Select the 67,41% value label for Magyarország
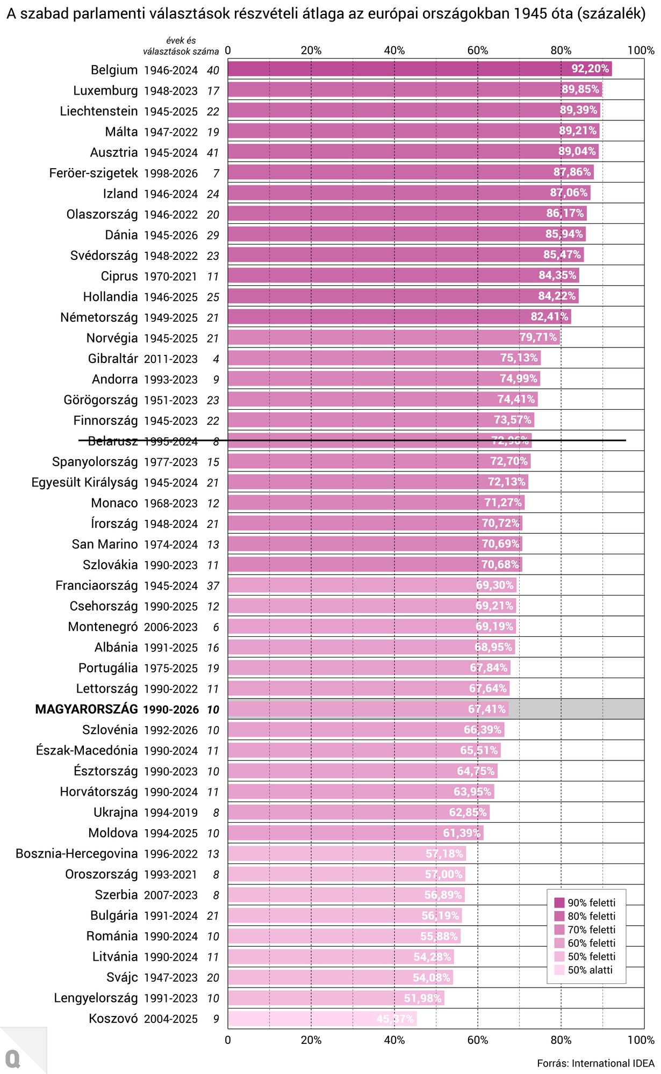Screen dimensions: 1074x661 pyautogui.click(x=487, y=709)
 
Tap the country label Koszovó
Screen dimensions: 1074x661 pyautogui.click(x=113, y=1019)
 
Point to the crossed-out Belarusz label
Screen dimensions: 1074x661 pyautogui.click(x=113, y=441)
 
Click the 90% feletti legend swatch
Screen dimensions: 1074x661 pyautogui.click(x=559, y=903)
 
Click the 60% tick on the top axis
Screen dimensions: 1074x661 pyautogui.click(x=478, y=50)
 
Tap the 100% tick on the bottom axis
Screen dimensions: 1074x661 pyautogui.click(x=641, y=1040)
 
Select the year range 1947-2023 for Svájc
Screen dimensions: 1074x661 pyautogui.click(x=171, y=978)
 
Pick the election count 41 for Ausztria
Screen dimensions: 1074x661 pyautogui.click(x=213, y=153)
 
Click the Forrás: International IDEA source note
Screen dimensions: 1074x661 pyautogui.click(x=595, y=1063)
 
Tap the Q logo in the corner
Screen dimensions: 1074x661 pyautogui.click(x=13, y=1059)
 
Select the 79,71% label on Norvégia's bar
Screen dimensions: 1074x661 pyautogui.click(x=538, y=337)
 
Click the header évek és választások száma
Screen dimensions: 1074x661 pyautogui.click(x=181, y=46)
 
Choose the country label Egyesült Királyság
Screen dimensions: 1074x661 pyautogui.click(x=84, y=482)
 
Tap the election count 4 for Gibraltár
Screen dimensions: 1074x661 pyautogui.click(x=216, y=359)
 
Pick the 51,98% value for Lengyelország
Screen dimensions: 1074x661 pyautogui.click(x=423, y=998)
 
